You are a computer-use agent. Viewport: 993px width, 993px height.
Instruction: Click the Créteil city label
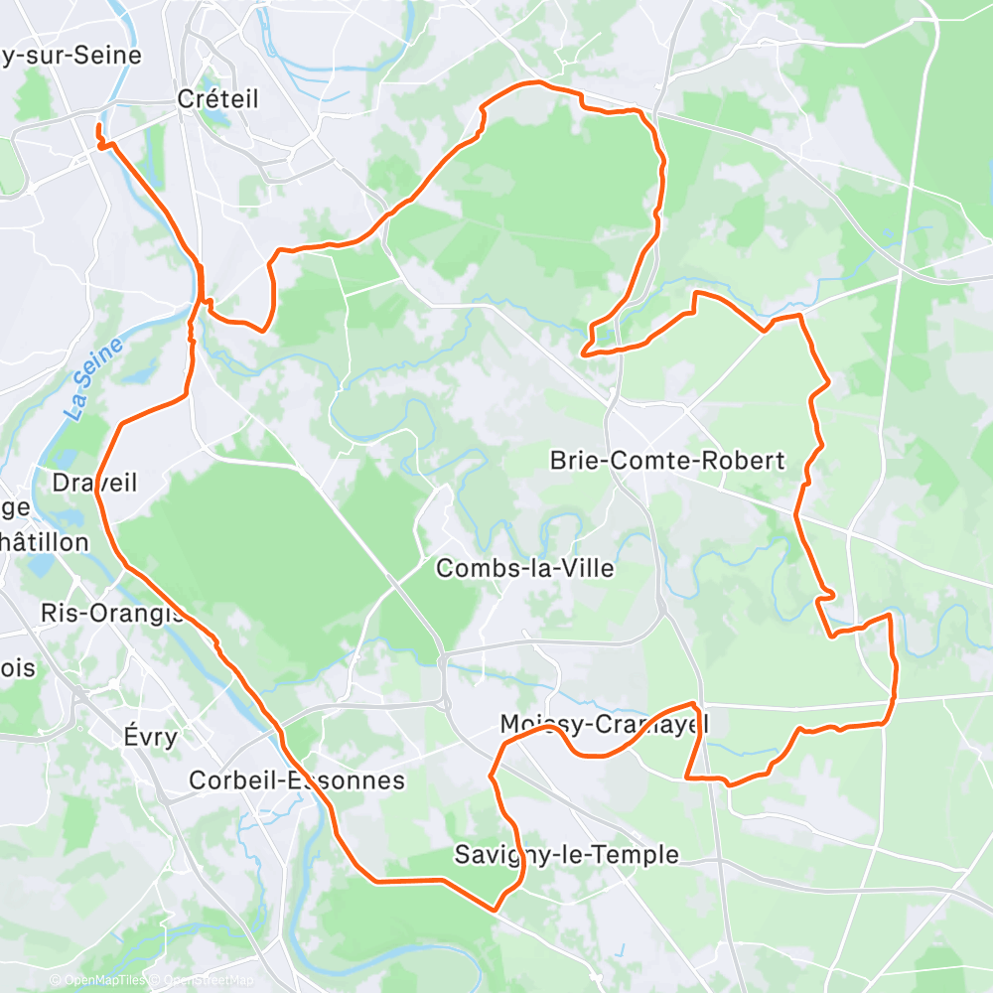(217, 98)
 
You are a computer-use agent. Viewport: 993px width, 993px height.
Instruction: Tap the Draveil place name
(94, 483)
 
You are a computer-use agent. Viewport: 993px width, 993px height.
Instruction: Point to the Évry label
(151, 736)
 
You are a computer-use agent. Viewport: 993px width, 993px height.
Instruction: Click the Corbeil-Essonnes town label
(297, 780)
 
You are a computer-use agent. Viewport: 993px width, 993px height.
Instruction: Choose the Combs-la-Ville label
(525, 568)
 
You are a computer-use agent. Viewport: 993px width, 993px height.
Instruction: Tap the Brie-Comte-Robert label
(667, 460)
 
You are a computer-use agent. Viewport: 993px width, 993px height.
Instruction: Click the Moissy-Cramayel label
(605, 724)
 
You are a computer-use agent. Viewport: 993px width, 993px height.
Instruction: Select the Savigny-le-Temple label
(567, 854)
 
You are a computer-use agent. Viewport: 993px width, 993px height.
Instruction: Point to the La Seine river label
(95, 378)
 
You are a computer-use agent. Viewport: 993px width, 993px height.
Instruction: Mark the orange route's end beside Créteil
(98, 128)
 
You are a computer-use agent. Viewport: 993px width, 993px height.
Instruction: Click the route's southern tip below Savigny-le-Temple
(495, 909)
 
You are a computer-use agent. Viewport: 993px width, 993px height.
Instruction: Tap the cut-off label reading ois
(18, 667)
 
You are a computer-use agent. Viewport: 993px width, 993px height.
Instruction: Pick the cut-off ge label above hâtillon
(15, 507)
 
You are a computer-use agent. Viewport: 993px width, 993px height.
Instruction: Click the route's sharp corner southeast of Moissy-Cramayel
(686, 778)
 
